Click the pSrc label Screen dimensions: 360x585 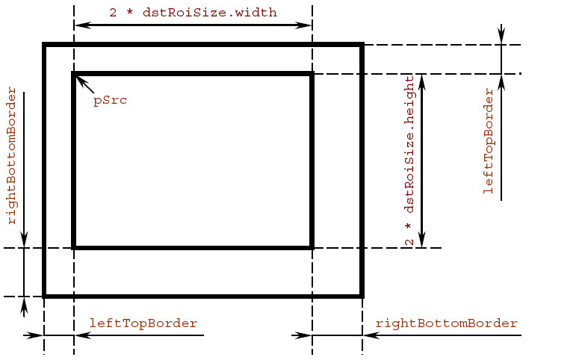coord(110,100)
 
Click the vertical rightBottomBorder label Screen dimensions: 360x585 coord(11,156)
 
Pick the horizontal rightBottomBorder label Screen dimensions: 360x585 coord(446,323)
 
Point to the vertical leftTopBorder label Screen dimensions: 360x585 coord(489,141)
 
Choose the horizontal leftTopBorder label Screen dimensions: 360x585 coord(143,323)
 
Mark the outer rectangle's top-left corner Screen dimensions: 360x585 coord(45,46)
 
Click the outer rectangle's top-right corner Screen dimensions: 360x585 coord(362,46)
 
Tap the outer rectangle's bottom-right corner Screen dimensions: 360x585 coord(362,296)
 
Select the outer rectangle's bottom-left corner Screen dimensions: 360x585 coord(45,296)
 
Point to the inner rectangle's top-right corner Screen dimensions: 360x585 coord(311,74)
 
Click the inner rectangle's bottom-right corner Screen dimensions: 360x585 coord(311,247)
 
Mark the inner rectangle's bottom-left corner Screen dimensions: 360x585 coord(73,247)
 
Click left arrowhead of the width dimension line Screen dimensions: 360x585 coord(81,25)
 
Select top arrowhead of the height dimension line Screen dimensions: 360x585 coord(423,80)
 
